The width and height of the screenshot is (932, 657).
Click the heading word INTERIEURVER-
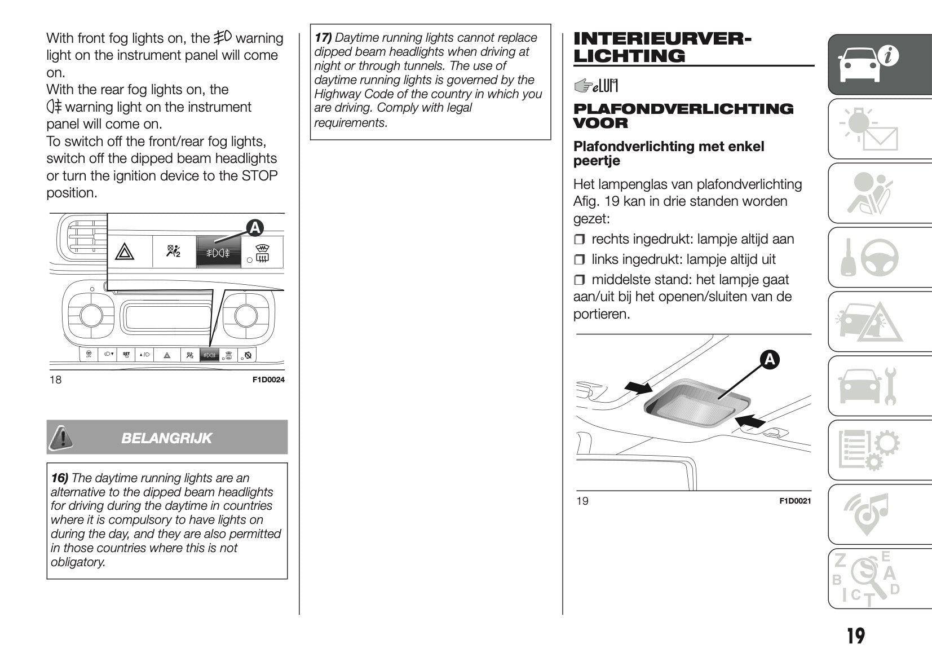pos(662,38)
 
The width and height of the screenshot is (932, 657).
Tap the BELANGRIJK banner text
pos(166,438)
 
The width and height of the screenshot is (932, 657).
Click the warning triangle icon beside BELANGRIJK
pos(61,438)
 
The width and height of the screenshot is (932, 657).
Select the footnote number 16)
pos(59,478)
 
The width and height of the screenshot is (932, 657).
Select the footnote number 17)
pos(323,38)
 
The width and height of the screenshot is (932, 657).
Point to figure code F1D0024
pos(268,380)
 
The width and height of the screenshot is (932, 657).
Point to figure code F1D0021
pos(795,501)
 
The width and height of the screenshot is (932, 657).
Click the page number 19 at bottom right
pos(855,636)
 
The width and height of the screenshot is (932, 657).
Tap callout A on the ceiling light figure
pos(770,359)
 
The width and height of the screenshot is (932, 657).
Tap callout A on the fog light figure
pos(255,228)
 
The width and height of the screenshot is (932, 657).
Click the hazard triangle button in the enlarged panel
pos(125,252)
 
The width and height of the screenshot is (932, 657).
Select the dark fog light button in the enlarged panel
pos(218,252)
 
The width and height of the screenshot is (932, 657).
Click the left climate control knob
pos(91,315)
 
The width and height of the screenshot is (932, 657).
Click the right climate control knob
pos(246,315)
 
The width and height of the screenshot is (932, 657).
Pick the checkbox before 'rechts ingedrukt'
pos(580,240)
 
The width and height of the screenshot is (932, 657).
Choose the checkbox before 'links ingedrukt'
pos(580,260)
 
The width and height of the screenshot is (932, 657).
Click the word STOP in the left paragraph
pos(259,176)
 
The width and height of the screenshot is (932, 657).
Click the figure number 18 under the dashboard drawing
pos(55,380)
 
